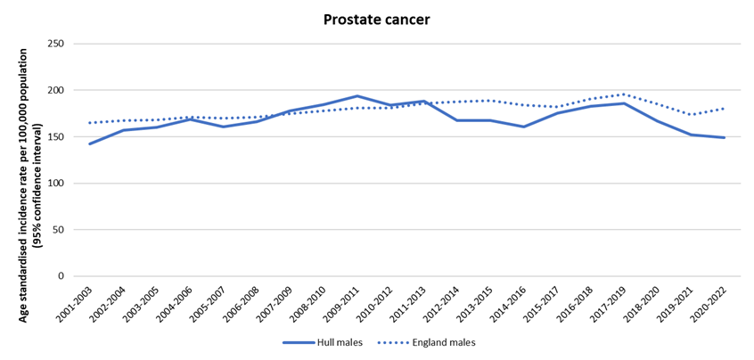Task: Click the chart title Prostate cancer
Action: click(x=376, y=18)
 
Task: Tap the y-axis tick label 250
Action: click(x=56, y=44)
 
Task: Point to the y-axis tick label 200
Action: click(x=56, y=90)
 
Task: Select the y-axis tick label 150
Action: click(x=56, y=136)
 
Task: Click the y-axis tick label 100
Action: click(x=56, y=183)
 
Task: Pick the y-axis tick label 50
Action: click(x=59, y=229)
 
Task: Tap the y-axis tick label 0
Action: click(x=61, y=275)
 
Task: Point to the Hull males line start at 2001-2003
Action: click(x=90, y=143)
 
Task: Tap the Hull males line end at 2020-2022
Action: click(x=725, y=137)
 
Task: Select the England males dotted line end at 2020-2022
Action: click(x=725, y=109)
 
